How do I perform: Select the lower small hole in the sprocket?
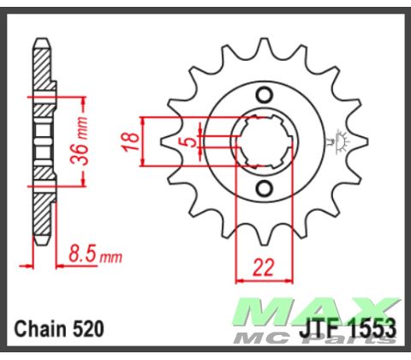pos(264,188)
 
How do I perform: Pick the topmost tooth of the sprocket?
pos(265,43)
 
